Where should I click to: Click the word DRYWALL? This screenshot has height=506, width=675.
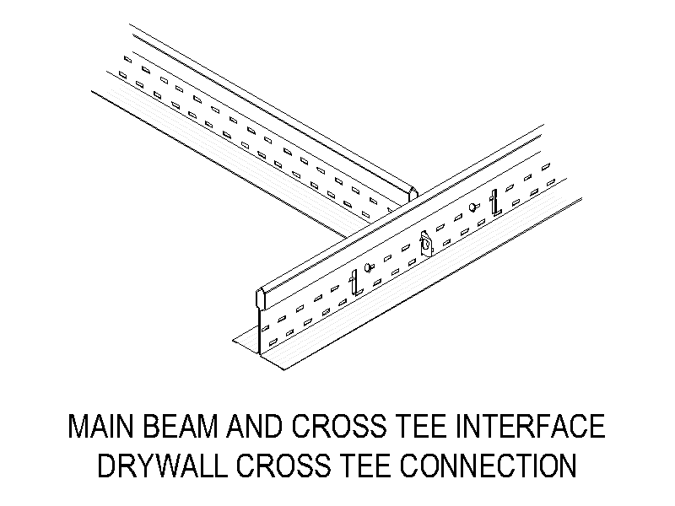[163, 466]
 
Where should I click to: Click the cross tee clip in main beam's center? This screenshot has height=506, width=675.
[426, 245]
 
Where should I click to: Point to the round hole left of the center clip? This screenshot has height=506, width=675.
[369, 267]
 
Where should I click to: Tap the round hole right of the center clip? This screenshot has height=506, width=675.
[473, 207]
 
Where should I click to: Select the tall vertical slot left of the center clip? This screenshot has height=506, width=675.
[354, 283]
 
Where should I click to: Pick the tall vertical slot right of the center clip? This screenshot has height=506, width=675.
[495, 202]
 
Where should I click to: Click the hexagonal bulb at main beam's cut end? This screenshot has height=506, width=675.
[262, 299]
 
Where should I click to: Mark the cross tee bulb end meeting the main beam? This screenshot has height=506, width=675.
[413, 194]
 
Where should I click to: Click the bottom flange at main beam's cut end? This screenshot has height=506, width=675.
[258, 348]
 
